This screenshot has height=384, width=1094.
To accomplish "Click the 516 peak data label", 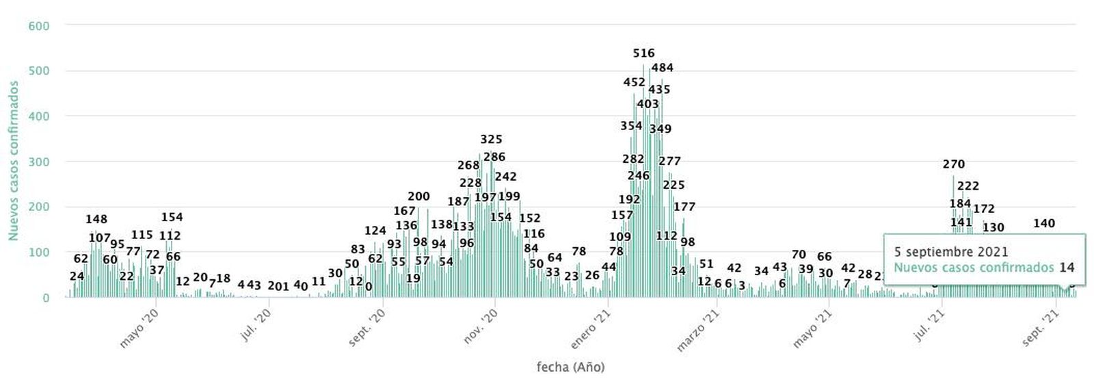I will click(x=643, y=53).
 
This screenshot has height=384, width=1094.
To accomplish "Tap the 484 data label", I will click(x=662, y=68).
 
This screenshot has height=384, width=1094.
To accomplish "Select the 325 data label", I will click(x=491, y=140).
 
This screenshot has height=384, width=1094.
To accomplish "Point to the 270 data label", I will click(x=953, y=164).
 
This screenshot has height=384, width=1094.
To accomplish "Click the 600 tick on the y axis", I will click(x=38, y=25).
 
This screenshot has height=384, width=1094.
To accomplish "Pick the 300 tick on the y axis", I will click(x=38, y=162).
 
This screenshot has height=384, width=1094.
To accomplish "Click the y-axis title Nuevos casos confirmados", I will click(x=13, y=161).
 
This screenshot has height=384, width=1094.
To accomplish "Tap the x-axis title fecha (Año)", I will click(x=570, y=367).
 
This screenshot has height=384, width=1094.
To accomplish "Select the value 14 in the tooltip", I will click(x=1067, y=268).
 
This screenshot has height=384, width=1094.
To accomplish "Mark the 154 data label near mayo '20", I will click(x=172, y=217).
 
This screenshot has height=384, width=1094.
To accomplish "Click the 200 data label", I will click(x=418, y=197).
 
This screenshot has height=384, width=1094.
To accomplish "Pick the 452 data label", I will click(x=634, y=83).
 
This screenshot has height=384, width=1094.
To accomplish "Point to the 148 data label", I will click(x=96, y=219).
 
